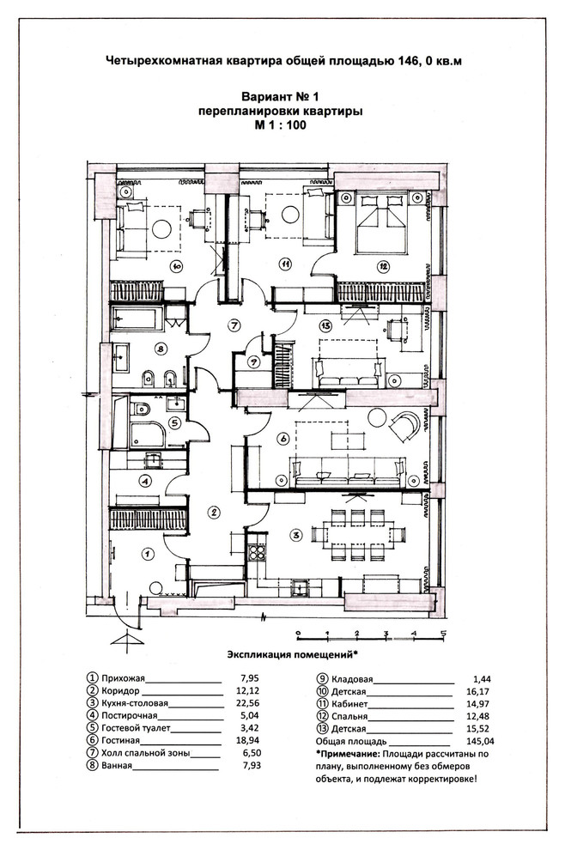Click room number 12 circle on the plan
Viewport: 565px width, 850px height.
(383, 266)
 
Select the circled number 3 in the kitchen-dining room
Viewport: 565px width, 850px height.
(296, 536)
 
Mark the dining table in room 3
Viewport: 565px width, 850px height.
(358, 535)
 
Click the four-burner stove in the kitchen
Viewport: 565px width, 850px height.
(256, 552)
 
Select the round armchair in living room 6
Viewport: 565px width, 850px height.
(404, 427)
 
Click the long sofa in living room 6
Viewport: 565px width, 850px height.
(348, 473)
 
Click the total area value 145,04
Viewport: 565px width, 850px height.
(480, 742)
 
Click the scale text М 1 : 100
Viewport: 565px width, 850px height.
(280, 125)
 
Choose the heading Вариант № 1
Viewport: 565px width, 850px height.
(280, 97)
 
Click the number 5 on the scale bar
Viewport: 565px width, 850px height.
(443, 633)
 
